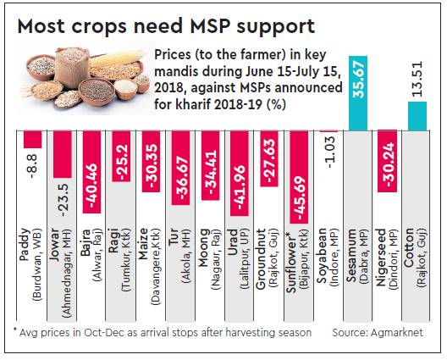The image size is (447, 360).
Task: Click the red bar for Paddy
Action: tap(32, 139)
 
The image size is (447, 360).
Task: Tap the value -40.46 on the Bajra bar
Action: tap(87, 174)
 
